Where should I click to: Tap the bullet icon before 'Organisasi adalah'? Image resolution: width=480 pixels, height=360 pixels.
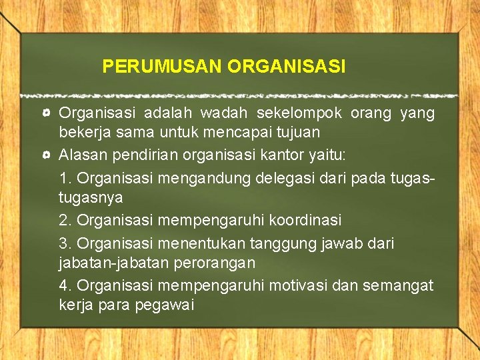click(x=47, y=114)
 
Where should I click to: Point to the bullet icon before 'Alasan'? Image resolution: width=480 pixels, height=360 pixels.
click(x=47, y=155)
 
